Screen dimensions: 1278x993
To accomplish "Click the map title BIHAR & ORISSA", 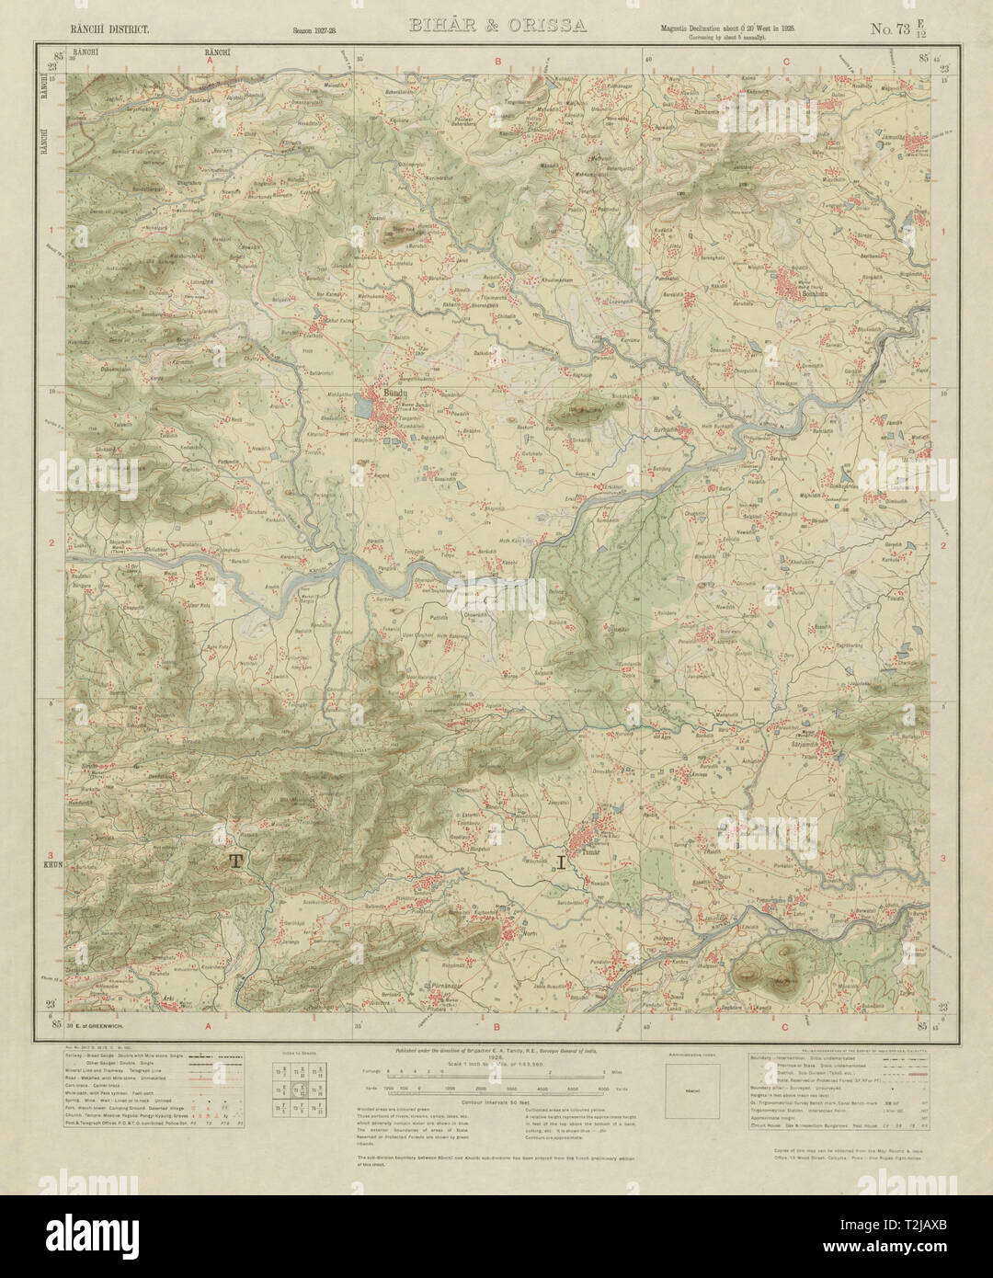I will (497, 26).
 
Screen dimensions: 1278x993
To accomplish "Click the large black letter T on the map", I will (236, 861).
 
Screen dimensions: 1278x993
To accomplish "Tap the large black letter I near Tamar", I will (561, 862).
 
